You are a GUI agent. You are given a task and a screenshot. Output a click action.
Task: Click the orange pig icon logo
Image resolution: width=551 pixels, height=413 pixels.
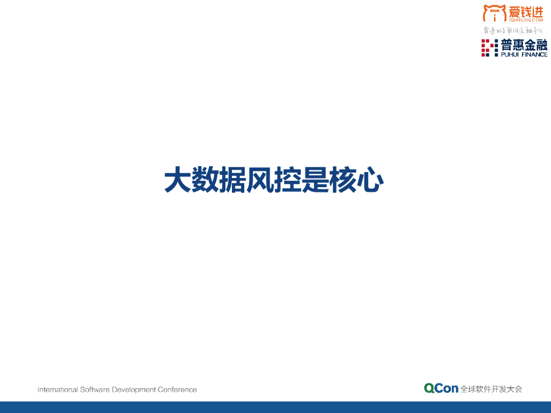(494, 13)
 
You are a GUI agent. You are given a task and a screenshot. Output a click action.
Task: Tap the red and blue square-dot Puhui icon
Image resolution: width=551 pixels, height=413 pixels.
(489, 48)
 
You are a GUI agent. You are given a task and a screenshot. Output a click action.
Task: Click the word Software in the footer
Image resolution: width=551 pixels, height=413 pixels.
(95, 389)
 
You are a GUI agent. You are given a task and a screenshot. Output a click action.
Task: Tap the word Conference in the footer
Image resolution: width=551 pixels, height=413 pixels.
(177, 389)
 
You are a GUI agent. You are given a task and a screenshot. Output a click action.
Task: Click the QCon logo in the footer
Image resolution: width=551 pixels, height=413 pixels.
(441, 388)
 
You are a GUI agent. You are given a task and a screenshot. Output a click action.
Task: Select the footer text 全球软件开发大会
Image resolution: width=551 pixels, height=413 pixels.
(491, 389)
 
